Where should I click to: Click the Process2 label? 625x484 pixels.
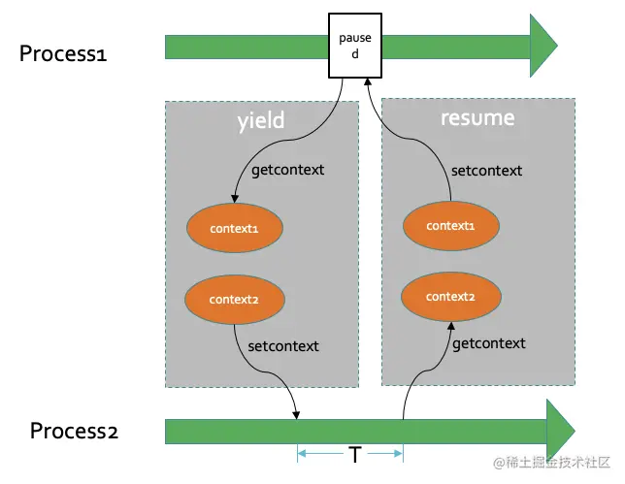click(x=74, y=431)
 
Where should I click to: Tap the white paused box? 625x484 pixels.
click(x=354, y=46)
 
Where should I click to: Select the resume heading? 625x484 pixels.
click(x=477, y=119)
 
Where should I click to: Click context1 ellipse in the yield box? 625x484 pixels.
click(x=234, y=228)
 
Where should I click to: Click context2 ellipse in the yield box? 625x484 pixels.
click(x=234, y=300)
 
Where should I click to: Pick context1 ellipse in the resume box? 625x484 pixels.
click(x=452, y=225)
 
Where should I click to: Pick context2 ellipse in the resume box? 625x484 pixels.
click(x=451, y=296)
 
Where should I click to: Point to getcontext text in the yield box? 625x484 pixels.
click(x=287, y=170)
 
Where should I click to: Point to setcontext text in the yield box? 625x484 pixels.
click(x=282, y=345)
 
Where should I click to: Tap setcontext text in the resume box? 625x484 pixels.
click(x=486, y=171)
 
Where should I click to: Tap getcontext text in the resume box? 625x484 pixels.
click(x=489, y=343)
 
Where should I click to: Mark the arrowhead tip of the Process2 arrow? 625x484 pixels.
click(x=575, y=430)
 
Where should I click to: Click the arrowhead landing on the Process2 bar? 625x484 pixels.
click(x=296, y=416)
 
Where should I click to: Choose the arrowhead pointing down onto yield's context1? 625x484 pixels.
click(x=234, y=200)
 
